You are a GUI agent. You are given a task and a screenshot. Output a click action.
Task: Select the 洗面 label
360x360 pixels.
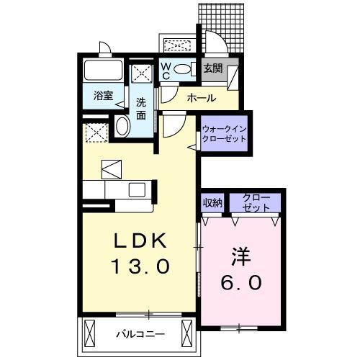(x=141, y=108)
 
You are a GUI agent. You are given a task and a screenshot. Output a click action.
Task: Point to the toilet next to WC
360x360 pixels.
(x=183, y=70)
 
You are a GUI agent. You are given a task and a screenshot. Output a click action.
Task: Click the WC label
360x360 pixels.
(x=165, y=70)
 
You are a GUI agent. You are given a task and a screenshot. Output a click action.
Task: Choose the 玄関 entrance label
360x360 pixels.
(x=213, y=69)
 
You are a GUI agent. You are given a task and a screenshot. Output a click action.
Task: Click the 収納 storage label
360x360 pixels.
(x=213, y=202)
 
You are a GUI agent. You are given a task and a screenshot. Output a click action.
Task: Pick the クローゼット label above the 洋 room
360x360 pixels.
(x=257, y=202)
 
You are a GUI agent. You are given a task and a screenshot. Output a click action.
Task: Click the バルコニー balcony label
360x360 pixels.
(x=141, y=333)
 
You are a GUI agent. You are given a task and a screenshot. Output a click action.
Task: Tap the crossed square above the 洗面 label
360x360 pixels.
(x=142, y=73)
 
